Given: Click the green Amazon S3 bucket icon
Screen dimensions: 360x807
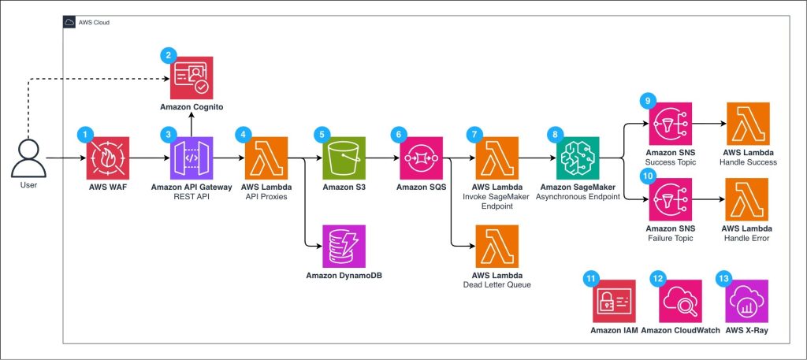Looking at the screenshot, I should pyautogui.click(x=343, y=158).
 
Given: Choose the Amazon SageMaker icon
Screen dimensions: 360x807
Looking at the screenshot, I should pyautogui.click(x=578, y=158).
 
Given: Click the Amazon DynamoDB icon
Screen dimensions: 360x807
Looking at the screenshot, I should pyautogui.click(x=343, y=246).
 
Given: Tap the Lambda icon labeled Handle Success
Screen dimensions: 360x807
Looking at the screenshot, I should pyautogui.click(x=747, y=124).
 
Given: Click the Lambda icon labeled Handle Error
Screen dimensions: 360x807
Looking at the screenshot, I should pyautogui.click(x=747, y=201).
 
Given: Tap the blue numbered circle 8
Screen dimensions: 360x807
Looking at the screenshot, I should pyautogui.click(x=558, y=135).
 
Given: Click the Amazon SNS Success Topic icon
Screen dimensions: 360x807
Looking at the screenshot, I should pyautogui.click(x=669, y=124).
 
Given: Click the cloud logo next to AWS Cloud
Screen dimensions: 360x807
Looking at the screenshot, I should pyautogui.click(x=71, y=23).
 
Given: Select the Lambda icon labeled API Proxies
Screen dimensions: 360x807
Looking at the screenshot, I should pyautogui.click(x=266, y=158).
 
